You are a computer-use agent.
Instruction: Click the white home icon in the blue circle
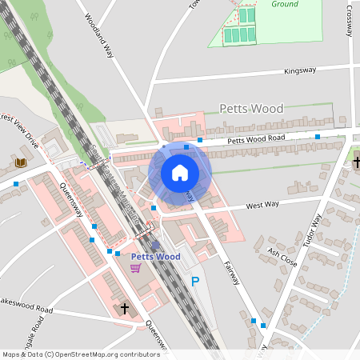click(180, 173)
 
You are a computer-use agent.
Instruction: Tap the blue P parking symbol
click(195, 282)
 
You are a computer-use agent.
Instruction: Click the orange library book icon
click(21, 162)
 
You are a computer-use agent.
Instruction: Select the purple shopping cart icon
click(135, 267)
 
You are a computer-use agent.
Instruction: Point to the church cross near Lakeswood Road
click(124, 307)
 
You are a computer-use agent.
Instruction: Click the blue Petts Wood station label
click(156, 257)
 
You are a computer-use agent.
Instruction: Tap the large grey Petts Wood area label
click(251, 108)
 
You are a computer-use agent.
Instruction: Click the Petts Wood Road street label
click(256, 139)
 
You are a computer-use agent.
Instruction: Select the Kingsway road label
click(300, 71)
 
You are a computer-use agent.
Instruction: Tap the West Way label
click(262, 206)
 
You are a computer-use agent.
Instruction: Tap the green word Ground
click(284, 4)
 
